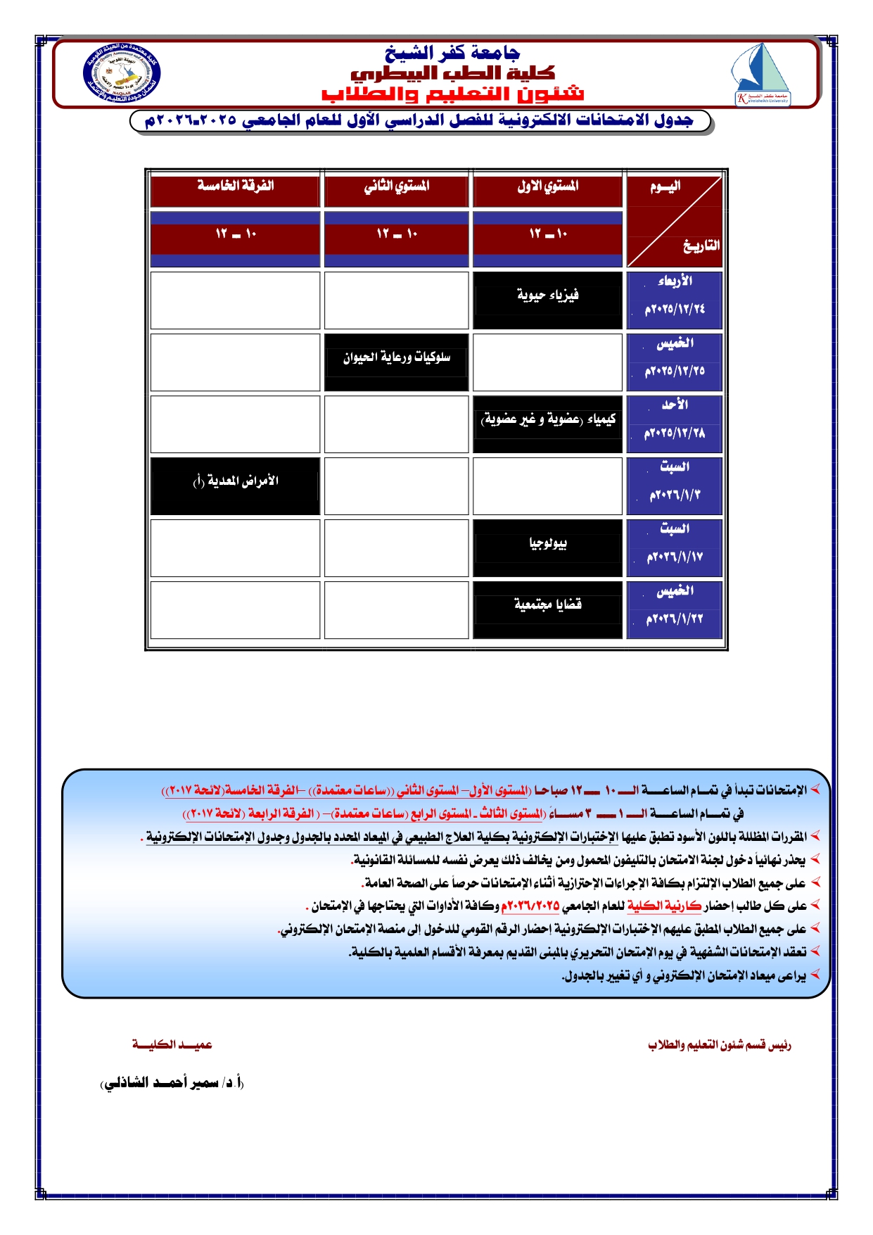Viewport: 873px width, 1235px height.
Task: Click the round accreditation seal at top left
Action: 122,75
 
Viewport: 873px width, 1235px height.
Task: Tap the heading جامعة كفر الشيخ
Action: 452,53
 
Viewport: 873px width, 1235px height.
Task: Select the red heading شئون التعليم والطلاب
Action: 452,94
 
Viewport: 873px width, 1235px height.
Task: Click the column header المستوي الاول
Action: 547,186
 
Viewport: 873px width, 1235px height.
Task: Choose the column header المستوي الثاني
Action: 396,186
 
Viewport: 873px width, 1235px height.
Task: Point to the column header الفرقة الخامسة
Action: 235,186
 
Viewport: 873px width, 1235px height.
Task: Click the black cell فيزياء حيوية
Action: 547,296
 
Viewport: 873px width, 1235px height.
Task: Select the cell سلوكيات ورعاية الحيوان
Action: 396,358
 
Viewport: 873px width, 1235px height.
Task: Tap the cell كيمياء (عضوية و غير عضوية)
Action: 547,420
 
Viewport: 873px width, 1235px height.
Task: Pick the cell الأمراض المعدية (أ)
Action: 235,482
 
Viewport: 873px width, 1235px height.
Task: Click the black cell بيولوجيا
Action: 547,543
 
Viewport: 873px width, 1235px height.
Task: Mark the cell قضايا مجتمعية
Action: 547,605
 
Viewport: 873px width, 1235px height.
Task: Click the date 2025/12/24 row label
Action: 674,309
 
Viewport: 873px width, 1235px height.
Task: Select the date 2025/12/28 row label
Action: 674,433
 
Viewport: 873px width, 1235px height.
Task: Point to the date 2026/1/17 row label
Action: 674,557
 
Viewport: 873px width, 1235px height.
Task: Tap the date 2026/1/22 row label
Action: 674,619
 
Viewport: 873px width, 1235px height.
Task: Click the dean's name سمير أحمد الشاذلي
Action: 172,1083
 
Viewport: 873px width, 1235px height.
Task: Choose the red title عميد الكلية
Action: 172,1045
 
